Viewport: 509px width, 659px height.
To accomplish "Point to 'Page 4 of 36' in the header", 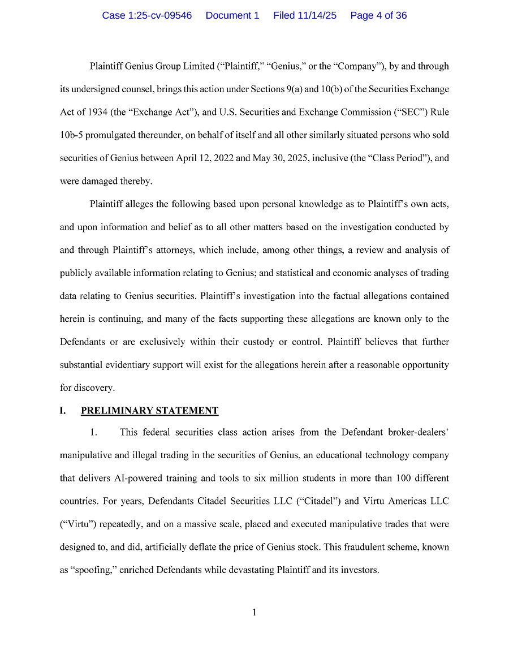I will tap(378, 15).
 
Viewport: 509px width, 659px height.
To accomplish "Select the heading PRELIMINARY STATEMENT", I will tap(149, 411).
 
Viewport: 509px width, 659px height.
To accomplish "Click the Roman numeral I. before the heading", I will tap(63, 411).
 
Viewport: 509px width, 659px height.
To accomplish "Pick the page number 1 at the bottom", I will tap(255, 612).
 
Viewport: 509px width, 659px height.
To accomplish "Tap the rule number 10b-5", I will tap(71, 135).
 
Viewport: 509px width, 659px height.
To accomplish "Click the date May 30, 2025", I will tap(278, 158).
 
